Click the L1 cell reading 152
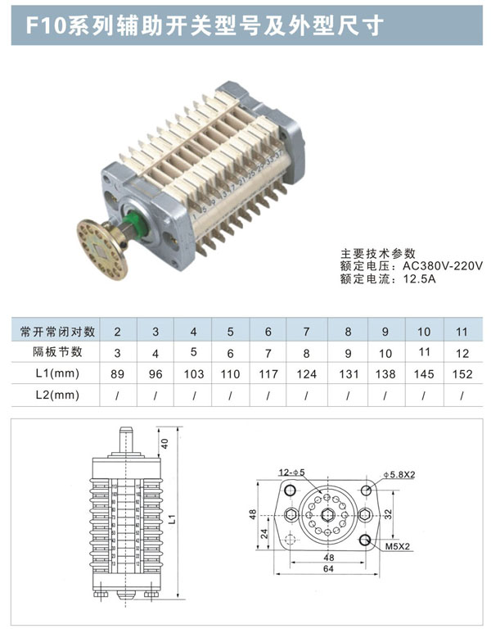[462, 373]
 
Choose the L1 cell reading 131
[347, 373]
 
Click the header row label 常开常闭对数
[58, 332]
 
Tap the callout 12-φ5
[291, 472]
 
